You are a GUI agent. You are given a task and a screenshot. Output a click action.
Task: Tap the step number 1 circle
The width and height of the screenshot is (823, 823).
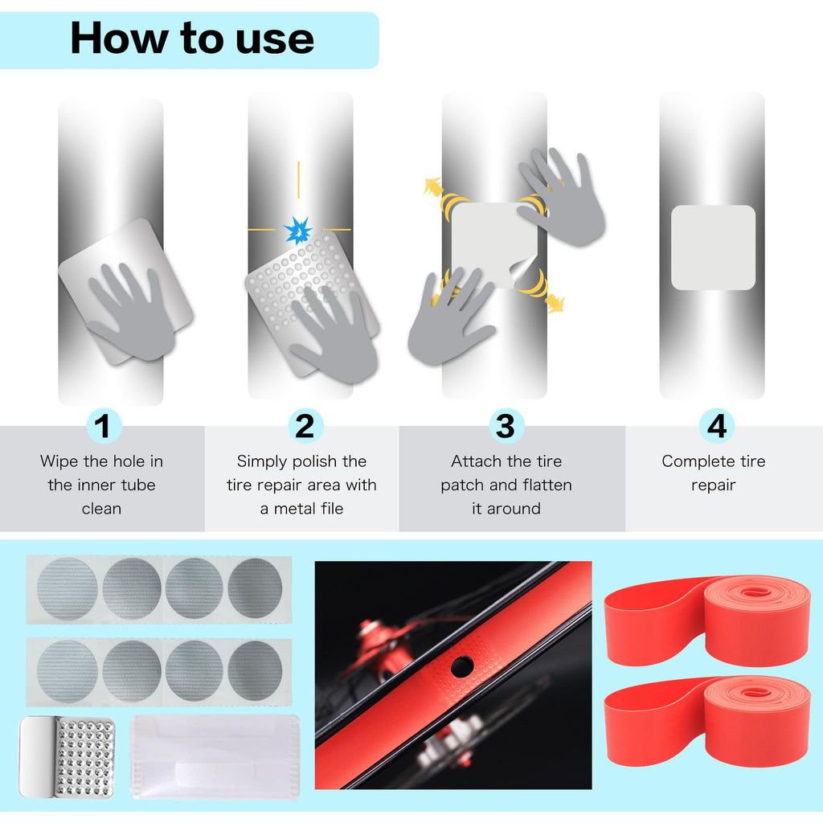(104, 426)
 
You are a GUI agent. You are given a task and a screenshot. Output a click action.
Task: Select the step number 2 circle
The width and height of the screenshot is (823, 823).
(305, 426)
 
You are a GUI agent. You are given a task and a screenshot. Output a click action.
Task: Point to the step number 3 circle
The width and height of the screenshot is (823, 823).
(506, 426)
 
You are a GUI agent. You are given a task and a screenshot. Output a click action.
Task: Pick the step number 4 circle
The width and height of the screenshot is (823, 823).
(716, 426)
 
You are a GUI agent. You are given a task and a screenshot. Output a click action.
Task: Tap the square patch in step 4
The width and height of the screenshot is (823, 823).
(714, 248)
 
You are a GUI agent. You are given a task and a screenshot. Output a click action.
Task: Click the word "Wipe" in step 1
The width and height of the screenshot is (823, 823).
(59, 461)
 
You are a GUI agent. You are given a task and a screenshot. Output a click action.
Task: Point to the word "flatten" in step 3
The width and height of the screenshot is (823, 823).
(546, 485)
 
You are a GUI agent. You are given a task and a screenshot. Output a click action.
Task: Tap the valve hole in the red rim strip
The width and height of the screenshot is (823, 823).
(462, 666)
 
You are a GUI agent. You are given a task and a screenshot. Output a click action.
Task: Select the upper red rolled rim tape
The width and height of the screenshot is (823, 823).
(707, 621)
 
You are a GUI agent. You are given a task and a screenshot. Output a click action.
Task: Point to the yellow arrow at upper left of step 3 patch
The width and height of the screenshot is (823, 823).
(433, 187)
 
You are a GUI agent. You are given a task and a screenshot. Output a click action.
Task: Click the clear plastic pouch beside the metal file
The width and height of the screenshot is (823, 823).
(215, 756)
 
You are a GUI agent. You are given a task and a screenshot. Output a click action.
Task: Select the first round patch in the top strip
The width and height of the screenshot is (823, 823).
(68, 588)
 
